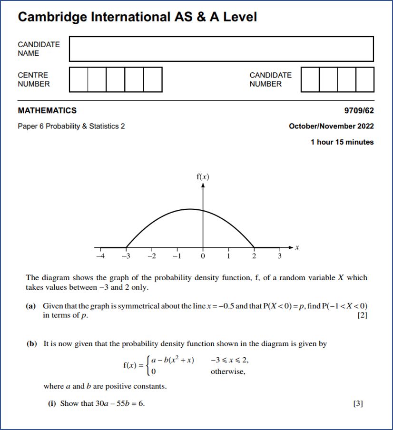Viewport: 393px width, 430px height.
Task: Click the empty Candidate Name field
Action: tap(221, 49)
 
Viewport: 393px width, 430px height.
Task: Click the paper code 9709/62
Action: tap(359, 111)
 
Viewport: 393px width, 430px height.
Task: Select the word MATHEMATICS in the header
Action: tap(47, 111)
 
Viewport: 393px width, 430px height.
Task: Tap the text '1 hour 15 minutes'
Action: tap(342, 142)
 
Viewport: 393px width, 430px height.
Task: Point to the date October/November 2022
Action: tap(331, 127)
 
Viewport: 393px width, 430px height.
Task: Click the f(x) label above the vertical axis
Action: tap(203, 177)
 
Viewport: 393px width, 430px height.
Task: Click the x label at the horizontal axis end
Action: tap(297, 247)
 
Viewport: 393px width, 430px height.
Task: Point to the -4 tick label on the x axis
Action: tap(99, 257)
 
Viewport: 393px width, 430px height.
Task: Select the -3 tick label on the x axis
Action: tap(126, 257)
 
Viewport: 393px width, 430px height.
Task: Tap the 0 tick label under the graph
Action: tap(203, 257)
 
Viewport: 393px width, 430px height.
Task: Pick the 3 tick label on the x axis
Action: tap(280, 257)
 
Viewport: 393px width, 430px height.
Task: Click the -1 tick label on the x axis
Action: tap(177, 257)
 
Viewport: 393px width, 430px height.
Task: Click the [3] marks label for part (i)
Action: tap(358, 404)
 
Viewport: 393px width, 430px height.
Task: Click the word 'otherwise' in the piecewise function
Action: tap(228, 371)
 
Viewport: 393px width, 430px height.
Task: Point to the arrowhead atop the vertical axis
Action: tap(203, 186)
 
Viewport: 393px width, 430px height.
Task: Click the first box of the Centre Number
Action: tap(79, 79)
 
